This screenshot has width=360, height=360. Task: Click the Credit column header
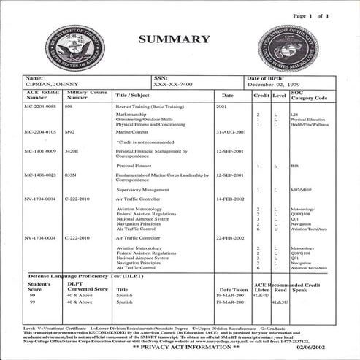[261, 96]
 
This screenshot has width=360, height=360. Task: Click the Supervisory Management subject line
[139, 189]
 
